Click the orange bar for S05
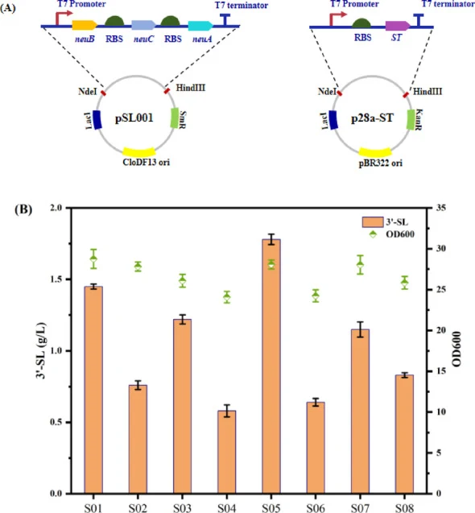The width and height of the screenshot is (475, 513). tap(271, 366)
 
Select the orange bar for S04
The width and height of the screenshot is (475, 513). tap(227, 452)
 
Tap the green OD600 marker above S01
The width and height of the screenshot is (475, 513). tap(94, 259)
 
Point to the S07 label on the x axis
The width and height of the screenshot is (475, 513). tap(360, 507)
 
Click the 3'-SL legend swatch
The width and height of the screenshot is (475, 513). tap(373, 221)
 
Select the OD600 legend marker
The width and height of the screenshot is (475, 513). tap(373, 234)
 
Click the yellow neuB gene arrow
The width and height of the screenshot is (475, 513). tap(85, 26)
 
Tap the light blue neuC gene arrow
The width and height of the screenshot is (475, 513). tap(143, 25)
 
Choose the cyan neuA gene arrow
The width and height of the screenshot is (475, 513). tap(200, 26)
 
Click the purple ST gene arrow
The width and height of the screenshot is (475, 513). tap(398, 26)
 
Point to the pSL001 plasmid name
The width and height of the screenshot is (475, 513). tap(134, 118)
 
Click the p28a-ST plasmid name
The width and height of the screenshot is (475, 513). tap(372, 118)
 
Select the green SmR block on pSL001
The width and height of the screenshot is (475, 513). tap(175, 118)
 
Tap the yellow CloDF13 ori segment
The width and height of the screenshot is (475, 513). tap(139, 151)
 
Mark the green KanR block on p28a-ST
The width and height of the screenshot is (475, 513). tap(411, 119)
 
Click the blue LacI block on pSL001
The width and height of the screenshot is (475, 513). tap(97, 120)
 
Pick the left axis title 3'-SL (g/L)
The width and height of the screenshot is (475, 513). tap(41, 351)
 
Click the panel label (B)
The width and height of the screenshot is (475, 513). tap(23, 209)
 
